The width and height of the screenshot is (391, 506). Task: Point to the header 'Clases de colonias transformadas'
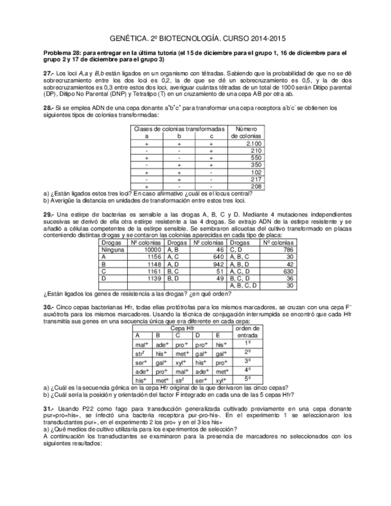(x=179, y=129)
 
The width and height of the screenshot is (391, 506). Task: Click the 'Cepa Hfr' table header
(x=181, y=328)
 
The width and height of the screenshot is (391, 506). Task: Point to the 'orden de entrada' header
(x=247, y=332)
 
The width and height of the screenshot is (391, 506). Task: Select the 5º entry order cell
(x=247, y=379)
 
